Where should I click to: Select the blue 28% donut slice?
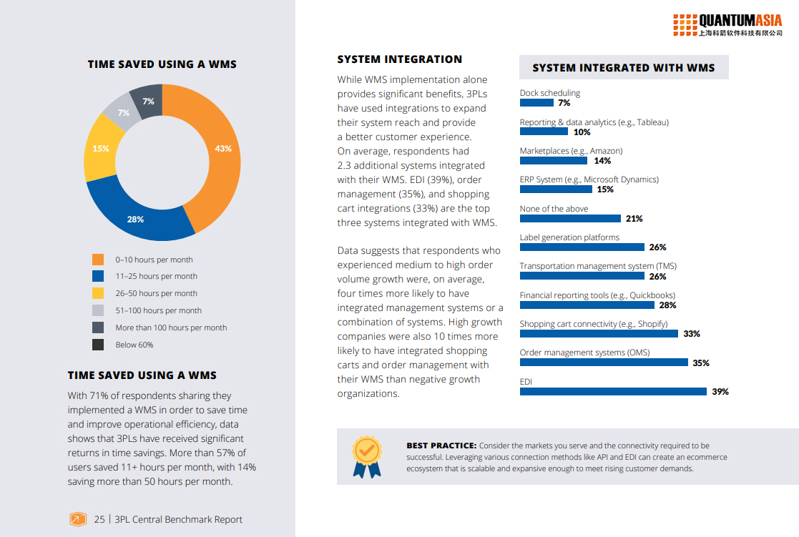(x=136, y=215)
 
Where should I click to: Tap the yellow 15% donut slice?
(x=101, y=149)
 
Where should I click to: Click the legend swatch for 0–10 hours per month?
(x=98, y=260)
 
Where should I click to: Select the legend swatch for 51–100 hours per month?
(x=98, y=310)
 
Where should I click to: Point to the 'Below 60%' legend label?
(x=134, y=345)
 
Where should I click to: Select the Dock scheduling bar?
(x=536, y=103)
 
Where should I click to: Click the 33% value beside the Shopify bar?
(x=691, y=334)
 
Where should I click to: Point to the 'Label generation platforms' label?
(x=569, y=237)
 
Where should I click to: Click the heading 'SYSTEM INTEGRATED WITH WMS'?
(x=624, y=68)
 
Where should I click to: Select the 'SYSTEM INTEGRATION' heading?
(x=400, y=59)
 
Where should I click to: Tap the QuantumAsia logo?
(x=727, y=24)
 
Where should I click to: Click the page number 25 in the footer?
(x=99, y=520)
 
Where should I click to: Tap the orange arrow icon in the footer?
(x=78, y=520)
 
